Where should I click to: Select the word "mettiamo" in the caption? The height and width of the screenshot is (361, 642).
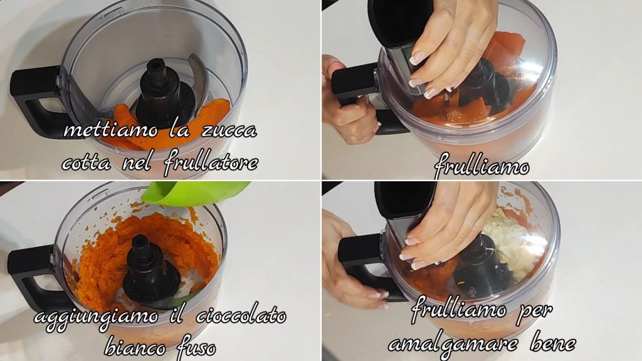[x=111, y=130]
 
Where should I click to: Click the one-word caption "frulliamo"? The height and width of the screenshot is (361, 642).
[x=481, y=167]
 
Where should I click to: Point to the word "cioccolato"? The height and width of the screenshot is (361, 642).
[x=241, y=317]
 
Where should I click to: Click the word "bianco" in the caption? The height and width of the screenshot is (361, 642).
[x=135, y=348]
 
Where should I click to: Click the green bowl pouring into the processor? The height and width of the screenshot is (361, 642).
[x=195, y=192]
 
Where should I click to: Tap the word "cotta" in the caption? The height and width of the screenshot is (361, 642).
[x=87, y=164]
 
